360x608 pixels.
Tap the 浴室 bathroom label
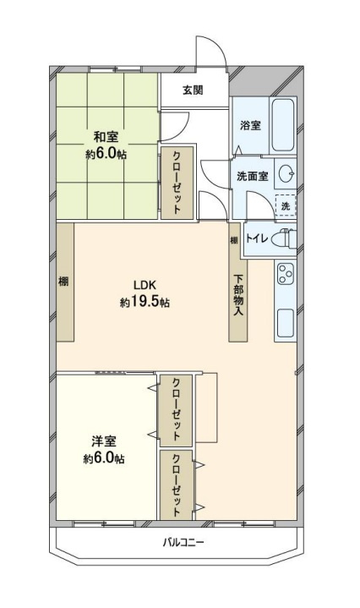249,125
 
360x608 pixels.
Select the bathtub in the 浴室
282,124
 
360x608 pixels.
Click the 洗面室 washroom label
252,177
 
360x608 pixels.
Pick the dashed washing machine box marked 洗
285,205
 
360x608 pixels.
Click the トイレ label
257,238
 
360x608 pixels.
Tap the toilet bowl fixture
285,238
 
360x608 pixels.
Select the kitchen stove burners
285,274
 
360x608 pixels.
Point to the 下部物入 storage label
238,296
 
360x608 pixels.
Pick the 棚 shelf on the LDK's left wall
64,282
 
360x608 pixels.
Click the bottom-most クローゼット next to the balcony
177,485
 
